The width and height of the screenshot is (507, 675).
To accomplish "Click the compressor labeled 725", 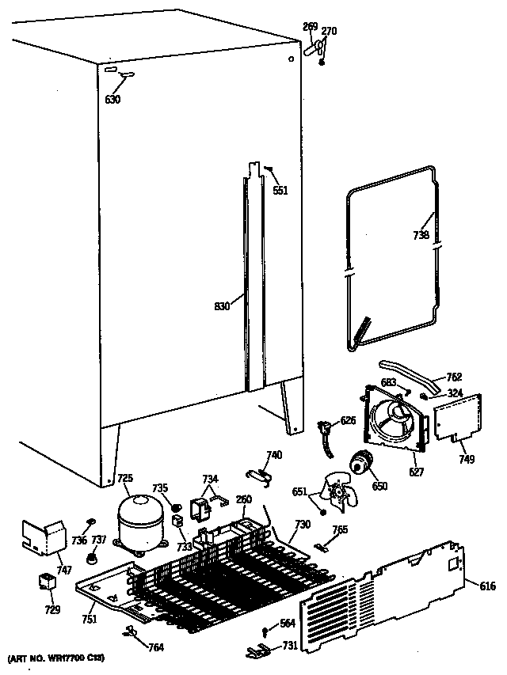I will pyautogui.click(x=140, y=519).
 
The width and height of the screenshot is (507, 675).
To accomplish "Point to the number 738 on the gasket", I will pyautogui.click(x=421, y=235).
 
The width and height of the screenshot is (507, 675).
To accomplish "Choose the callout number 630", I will pyautogui.click(x=113, y=100).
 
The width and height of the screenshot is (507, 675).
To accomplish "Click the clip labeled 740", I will pyautogui.click(x=256, y=472).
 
